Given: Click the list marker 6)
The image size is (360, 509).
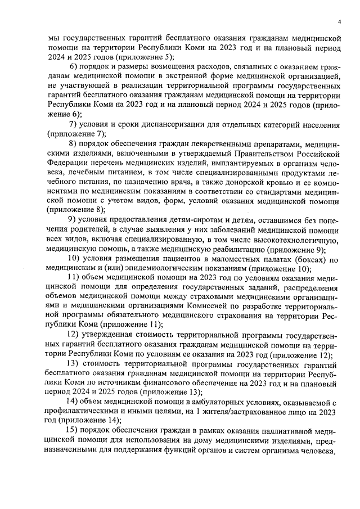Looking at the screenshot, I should pyautogui.click(x=75, y=68).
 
